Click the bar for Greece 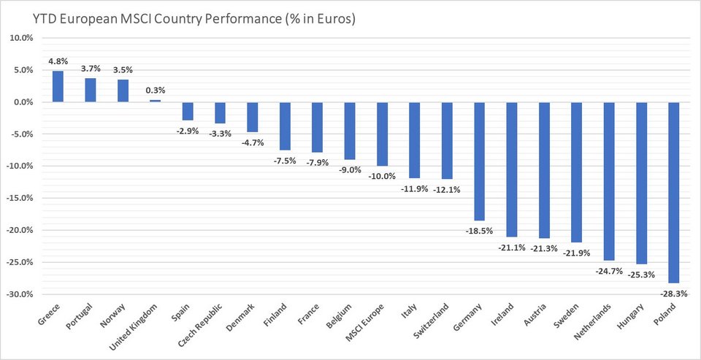(x=58, y=86)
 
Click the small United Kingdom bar (x=155, y=101)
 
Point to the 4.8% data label (x=58, y=61)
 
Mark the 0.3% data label (x=155, y=91)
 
